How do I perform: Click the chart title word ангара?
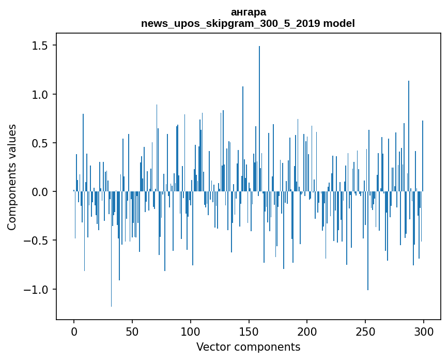tap(248, 12)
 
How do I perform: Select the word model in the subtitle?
tap(340, 24)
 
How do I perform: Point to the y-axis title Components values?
tap(12, 177)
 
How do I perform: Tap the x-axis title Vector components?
tap(248, 347)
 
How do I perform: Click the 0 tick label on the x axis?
tap(74, 332)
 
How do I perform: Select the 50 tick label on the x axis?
tap(132, 332)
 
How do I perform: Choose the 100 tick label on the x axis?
tap(191, 332)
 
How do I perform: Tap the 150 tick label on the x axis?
tap(249, 332)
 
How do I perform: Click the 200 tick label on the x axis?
tap(307, 332)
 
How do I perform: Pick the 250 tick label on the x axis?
tap(365, 332)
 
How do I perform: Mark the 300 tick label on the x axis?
tap(424, 332)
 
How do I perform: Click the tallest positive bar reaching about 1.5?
tap(259, 119)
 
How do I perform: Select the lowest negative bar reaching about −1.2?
tap(111, 248)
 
